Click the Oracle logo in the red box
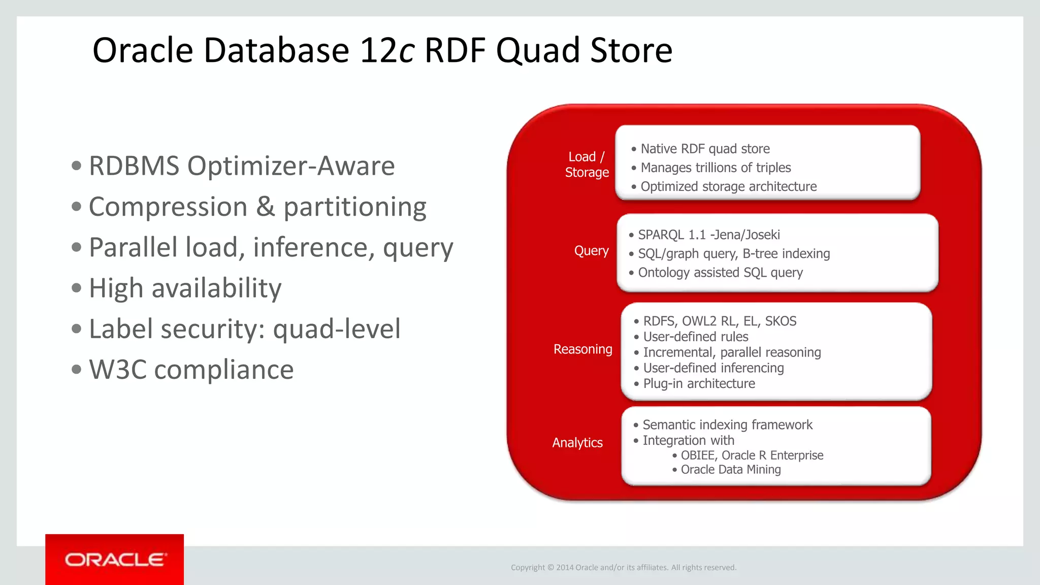tap(115, 560)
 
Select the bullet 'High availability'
tap(185, 288)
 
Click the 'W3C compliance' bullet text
tap(191, 370)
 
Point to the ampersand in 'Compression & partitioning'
tap(265, 207)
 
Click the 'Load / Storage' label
tap(587, 165)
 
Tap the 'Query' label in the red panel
tap(591, 251)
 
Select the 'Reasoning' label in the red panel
tap(582, 349)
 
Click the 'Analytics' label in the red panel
tap(577, 443)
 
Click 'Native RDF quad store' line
tap(705, 149)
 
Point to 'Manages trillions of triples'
tap(716, 168)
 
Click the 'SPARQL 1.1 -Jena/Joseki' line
tap(708, 235)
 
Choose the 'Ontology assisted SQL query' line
tap(720, 273)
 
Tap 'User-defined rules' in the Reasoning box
tap(695, 337)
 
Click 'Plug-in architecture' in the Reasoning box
tap(699, 383)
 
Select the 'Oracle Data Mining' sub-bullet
tap(730, 470)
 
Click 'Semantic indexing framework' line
tap(727, 425)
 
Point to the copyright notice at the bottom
tap(623, 568)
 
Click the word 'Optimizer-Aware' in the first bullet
tap(291, 166)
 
